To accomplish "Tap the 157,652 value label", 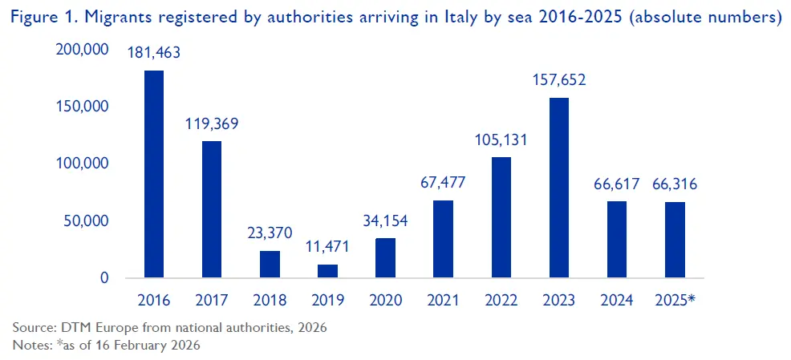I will [x=559, y=80].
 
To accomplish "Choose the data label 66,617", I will [x=617, y=184].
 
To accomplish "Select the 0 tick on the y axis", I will [x=103, y=278].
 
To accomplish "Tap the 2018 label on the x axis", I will [x=270, y=301].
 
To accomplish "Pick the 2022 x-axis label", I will [x=501, y=301].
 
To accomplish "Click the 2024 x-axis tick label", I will [x=617, y=301].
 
